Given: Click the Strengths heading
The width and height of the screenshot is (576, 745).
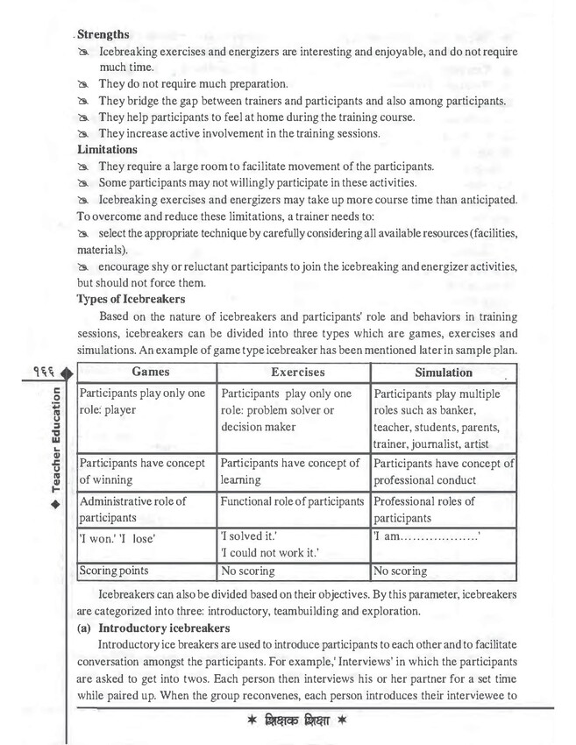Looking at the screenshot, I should (103, 34).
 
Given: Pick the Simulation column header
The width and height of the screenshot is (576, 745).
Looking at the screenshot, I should (443, 372).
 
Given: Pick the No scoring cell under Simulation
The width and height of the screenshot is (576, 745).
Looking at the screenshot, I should (401, 571).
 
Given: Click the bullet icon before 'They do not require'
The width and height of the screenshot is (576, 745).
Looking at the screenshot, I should (83, 85).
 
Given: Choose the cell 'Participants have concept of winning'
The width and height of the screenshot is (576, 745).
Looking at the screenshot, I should (143, 471).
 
